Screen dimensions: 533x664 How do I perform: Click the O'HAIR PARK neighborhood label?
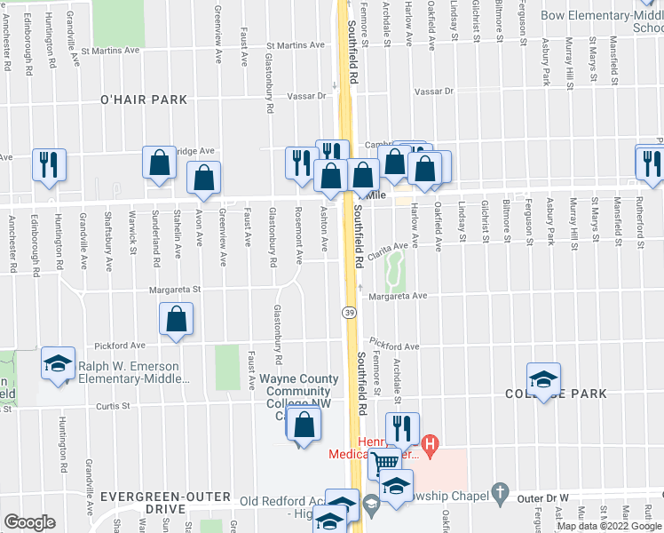coord(144,100)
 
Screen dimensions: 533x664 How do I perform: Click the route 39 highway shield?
coord(350,313)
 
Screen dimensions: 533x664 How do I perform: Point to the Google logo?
coord(29,522)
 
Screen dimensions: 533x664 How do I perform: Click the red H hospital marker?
coord(431,444)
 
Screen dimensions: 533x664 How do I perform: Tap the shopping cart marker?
coord(384,462)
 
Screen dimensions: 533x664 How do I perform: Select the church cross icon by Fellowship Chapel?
coord(500,491)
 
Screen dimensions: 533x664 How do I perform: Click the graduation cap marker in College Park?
coord(542,380)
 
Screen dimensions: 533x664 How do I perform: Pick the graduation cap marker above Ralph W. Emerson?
coord(59,363)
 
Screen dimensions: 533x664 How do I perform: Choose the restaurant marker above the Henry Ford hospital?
coord(402,428)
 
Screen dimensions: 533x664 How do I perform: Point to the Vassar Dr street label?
coord(433,91)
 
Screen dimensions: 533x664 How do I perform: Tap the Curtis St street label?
coord(114,406)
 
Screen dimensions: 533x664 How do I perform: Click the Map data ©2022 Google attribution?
coord(610,526)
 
